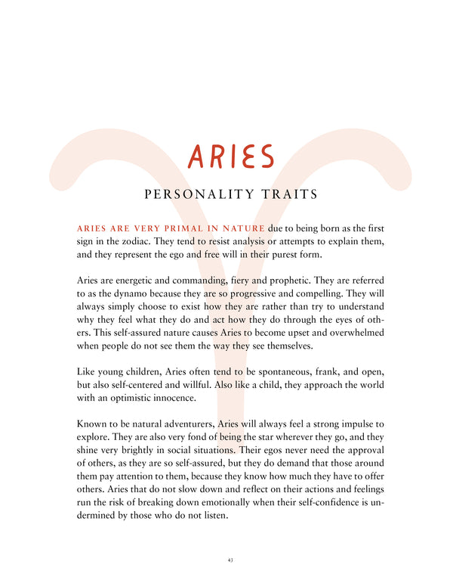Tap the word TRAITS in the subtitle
pos(290,195)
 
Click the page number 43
pos(229,560)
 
